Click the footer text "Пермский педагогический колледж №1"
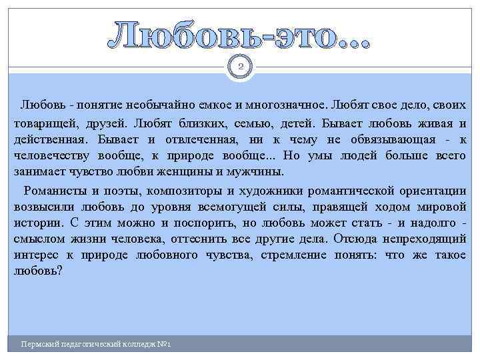97,345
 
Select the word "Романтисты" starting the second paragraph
55,189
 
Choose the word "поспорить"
191,222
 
